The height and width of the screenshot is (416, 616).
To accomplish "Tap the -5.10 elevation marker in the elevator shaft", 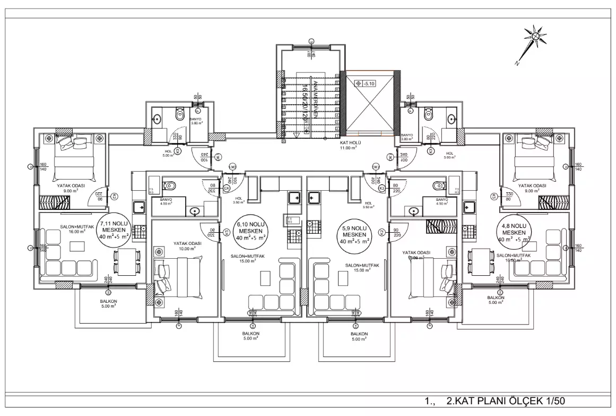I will pos(366,83).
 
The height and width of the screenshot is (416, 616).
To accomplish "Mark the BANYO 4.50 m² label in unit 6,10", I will pos(160,202).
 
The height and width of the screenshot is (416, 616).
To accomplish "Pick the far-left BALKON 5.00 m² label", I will pos(108,304).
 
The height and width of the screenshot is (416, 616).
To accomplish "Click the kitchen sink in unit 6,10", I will pos(294,198).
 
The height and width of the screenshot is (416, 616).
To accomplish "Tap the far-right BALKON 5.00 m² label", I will pos(497,300).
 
